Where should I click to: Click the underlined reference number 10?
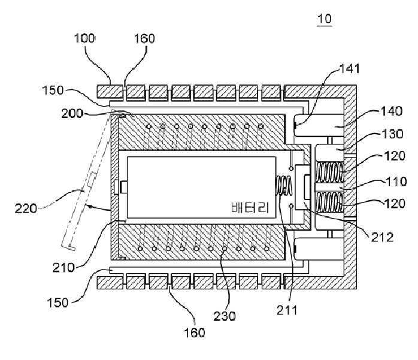(x=325, y=19)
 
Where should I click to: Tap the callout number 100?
(x=84, y=38)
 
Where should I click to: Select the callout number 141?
(x=350, y=69)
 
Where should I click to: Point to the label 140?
(x=392, y=111)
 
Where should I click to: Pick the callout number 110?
(x=396, y=181)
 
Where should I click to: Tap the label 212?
(x=383, y=237)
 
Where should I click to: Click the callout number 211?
(x=287, y=310)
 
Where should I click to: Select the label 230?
(x=225, y=316)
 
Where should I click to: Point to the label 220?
(x=26, y=208)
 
